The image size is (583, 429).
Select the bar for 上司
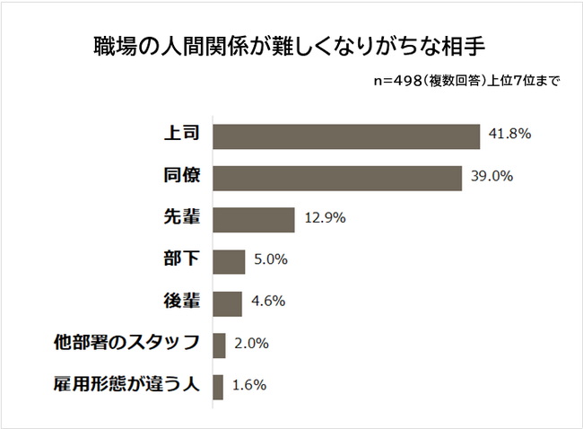346,136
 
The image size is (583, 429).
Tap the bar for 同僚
337,178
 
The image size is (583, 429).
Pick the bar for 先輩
254,220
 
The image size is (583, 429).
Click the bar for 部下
229,261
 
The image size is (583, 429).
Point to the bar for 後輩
228,303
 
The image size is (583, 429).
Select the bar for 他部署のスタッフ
219,345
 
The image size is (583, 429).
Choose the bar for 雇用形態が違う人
218,387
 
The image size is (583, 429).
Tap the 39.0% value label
492,176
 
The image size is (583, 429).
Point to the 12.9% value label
325,218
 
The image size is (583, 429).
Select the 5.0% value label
271,259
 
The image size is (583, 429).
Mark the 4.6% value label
267,302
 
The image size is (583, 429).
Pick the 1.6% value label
248,385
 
